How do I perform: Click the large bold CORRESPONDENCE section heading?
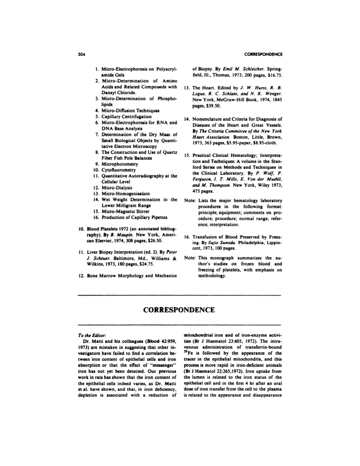pyautogui.click(x=179, y=310)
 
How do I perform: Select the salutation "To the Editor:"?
pyautogui.click(x=91, y=336)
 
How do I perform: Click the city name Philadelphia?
pyautogui.click(x=256, y=243)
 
